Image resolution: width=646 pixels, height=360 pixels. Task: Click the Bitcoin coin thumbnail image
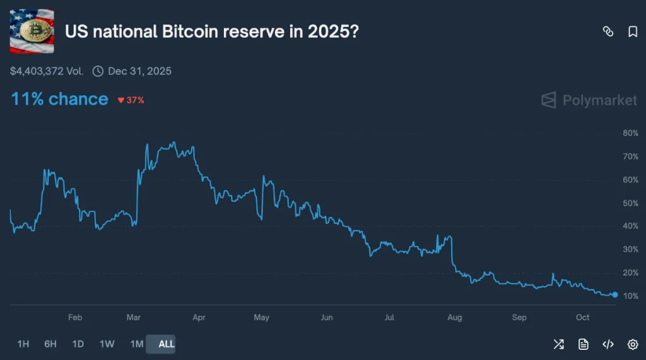click(x=32, y=31)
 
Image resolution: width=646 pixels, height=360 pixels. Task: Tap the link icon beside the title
click(x=608, y=32)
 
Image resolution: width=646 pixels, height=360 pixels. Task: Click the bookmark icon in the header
click(x=633, y=32)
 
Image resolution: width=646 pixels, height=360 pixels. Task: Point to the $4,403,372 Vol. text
click(x=47, y=71)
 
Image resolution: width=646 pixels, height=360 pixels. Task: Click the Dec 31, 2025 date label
click(x=139, y=71)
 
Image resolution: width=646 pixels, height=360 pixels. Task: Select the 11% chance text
click(x=59, y=99)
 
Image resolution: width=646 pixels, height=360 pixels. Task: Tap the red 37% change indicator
click(x=131, y=100)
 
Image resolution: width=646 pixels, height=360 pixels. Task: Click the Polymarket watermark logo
click(x=589, y=100)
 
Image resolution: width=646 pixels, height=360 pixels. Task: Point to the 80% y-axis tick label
click(x=630, y=133)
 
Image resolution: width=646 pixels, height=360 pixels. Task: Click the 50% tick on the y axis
click(x=630, y=203)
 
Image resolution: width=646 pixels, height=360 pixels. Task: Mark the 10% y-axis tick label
click(x=630, y=296)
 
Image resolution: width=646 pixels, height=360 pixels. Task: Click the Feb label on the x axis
click(x=74, y=317)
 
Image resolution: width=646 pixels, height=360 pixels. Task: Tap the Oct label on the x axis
click(x=583, y=317)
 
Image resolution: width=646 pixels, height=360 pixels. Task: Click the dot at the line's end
click(x=615, y=294)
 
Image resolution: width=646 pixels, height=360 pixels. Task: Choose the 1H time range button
click(x=23, y=344)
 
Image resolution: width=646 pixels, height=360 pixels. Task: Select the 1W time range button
click(x=107, y=344)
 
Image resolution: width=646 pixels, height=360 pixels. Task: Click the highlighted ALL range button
click(x=167, y=344)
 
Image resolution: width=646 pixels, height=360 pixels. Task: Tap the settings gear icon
click(x=633, y=344)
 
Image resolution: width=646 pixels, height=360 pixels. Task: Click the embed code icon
click(x=608, y=344)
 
